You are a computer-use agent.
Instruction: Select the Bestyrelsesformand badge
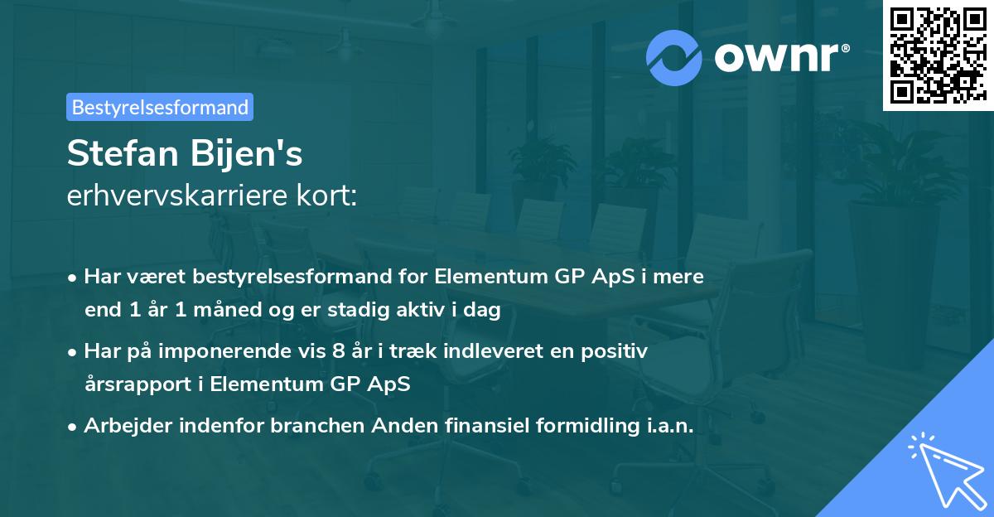point(160,107)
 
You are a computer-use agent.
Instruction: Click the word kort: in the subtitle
point(327,196)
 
